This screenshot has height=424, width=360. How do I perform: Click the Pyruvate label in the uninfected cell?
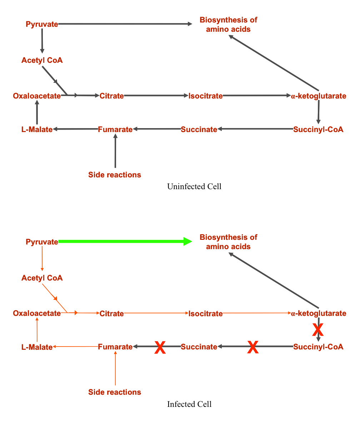click(x=42, y=24)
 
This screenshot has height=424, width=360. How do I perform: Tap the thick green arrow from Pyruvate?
click(x=125, y=241)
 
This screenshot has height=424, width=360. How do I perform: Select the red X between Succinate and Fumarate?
click(x=160, y=348)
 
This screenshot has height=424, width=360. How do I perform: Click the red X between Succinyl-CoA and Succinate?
click(x=253, y=347)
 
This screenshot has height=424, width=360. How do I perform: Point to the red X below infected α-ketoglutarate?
click(x=318, y=330)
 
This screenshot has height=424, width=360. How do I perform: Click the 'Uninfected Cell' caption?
click(x=194, y=187)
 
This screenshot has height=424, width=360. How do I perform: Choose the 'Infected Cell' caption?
click(x=189, y=404)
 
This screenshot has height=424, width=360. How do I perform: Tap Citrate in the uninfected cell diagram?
click(x=111, y=96)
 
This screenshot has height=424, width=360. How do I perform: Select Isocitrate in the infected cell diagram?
click(x=205, y=314)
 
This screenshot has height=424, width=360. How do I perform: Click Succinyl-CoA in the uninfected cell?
click(x=318, y=130)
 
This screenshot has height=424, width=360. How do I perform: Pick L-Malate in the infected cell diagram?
click(x=37, y=347)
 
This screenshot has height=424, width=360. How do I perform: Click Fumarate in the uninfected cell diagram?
click(x=115, y=130)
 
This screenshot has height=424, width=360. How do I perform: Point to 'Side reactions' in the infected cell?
click(x=115, y=392)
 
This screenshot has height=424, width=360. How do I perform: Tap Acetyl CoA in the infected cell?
click(x=42, y=278)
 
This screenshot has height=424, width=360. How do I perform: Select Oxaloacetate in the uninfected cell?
click(x=37, y=96)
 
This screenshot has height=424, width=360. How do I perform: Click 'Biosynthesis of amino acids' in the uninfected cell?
click(x=229, y=25)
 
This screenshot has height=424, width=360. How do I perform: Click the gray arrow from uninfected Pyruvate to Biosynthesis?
click(x=125, y=24)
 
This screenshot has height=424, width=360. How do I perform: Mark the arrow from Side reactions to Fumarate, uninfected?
click(x=115, y=151)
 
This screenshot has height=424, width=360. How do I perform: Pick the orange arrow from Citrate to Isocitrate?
click(x=156, y=313)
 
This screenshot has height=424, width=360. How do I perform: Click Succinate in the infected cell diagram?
click(x=199, y=347)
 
